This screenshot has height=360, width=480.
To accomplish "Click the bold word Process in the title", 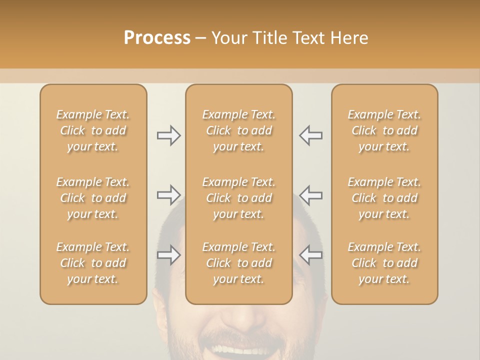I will coord(157,37).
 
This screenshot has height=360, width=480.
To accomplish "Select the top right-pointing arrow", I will coord(168,135).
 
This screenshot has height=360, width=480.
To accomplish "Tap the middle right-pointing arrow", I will coord(168,195).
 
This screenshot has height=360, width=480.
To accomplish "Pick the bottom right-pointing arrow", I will coord(168,255).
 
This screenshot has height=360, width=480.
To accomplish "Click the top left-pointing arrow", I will coord(311,135).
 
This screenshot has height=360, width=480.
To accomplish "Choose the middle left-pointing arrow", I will coord(311,195).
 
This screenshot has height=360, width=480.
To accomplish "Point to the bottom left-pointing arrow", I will coord(311,255).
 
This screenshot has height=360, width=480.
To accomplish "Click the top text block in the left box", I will coord(93,130).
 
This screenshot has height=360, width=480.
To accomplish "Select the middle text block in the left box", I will coord(93,198).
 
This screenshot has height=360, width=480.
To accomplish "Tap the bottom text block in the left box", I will coord(93,263).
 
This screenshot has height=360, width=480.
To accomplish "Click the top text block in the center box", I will coord(238,130).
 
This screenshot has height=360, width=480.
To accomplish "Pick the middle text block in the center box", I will coord(238,198).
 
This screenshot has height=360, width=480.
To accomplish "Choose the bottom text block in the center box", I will coord(238,263).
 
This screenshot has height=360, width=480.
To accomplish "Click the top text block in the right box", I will coord(384,130).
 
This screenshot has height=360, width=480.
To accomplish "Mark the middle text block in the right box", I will coord(384,198).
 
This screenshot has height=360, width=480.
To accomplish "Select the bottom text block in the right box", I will coord(384,263).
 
